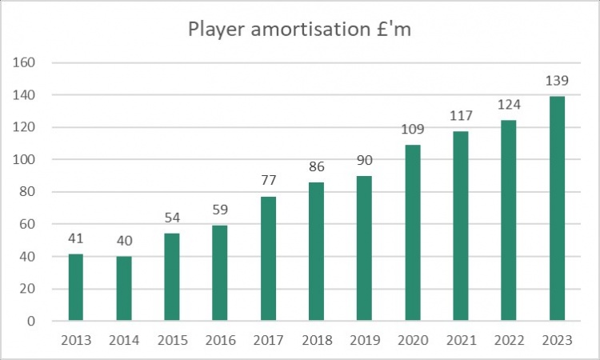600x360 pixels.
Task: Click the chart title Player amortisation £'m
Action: tap(300, 30)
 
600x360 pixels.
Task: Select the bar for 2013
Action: tap(76, 288)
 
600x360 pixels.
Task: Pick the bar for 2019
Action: tap(364, 249)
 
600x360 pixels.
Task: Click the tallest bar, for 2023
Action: tap(556, 209)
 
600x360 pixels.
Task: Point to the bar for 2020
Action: tap(412, 233)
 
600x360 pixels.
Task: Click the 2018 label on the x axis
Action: tap(316, 340)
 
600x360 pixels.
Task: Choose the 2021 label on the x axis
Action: tap(460, 340)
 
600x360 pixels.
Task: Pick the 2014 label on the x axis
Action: tap(124, 340)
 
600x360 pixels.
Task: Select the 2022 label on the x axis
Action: tap(508, 340)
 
